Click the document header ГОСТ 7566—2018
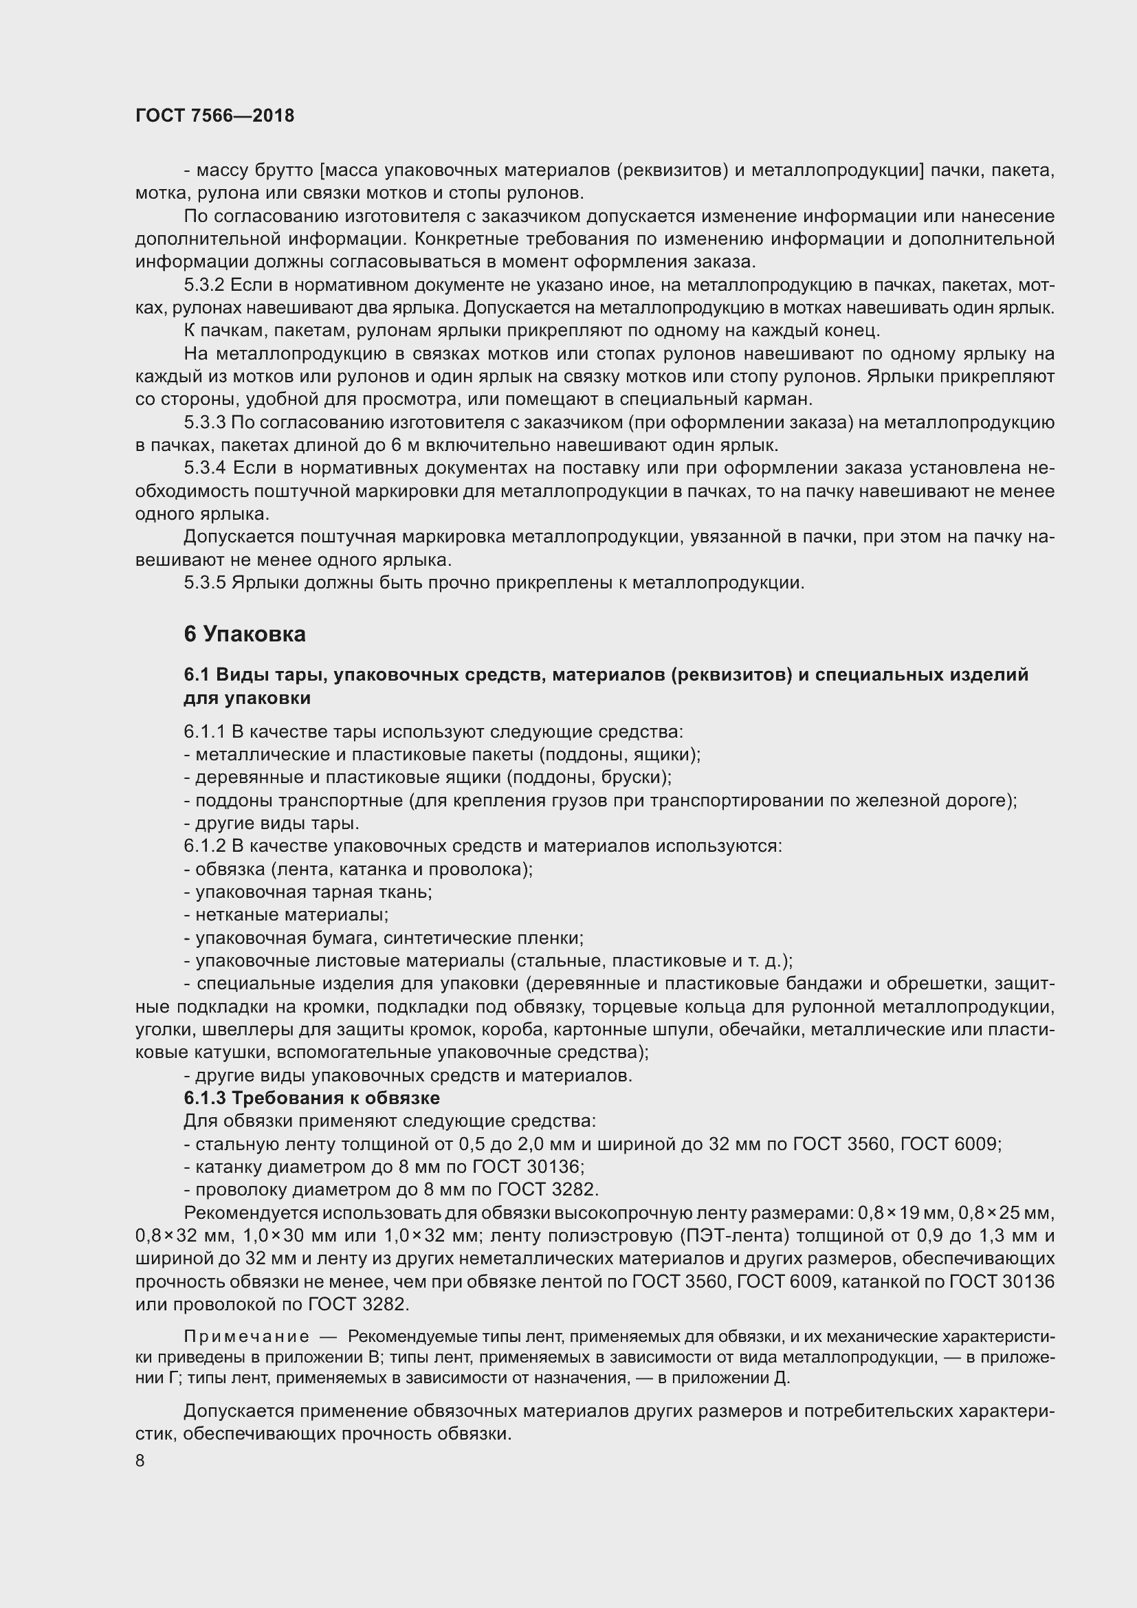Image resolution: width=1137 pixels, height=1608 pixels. pyautogui.click(x=214, y=115)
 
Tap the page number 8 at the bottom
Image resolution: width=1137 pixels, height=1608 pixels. pyautogui.click(x=140, y=1460)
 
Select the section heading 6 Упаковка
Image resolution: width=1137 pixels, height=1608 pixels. pyautogui.click(x=244, y=635)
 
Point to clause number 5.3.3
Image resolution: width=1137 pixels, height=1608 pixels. pyautogui.click(x=204, y=422)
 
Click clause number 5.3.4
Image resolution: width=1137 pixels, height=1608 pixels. pyautogui.click(x=205, y=468)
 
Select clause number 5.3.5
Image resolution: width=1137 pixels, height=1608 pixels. pyautogui.click(x=204, y=582)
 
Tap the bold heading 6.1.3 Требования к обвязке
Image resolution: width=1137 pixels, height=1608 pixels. pyautogui.click(x=311, y=1097)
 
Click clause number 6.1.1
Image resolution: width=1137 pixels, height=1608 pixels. pyautogui.click(x=203, y=732)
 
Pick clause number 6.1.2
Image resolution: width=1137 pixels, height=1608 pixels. pyautogui.click(x=204, y=846)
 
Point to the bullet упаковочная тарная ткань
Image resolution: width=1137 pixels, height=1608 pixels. pyautogui.click(x=308, y=892)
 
